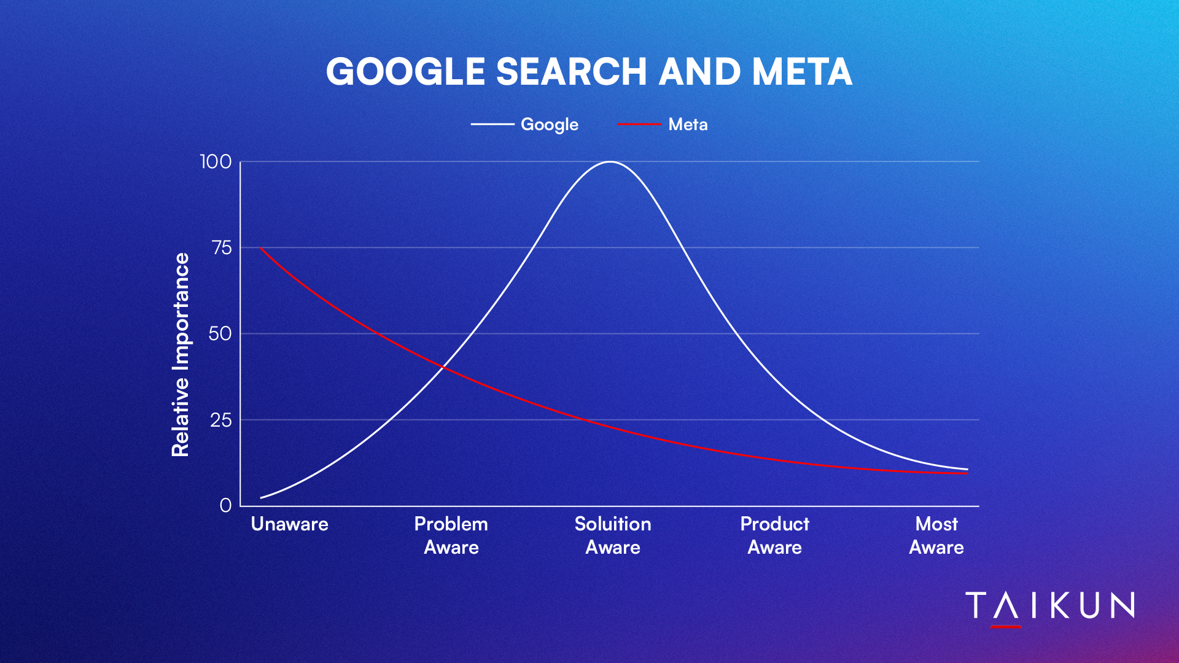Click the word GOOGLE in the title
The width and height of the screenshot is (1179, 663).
(x=406, y=72)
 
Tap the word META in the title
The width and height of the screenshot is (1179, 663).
(x=802, y=72)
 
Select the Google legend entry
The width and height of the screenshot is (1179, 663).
(x=524, y=125)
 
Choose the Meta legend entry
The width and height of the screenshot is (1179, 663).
(x=663, y=125)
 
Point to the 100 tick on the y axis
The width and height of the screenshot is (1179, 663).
(x=216, y=162)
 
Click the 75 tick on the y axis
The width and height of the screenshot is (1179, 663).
(x=222, y=248)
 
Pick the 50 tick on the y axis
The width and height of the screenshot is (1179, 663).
(x=220, y=334)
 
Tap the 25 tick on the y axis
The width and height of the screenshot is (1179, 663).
(x=221, y=420)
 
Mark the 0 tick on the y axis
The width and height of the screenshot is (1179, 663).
(x=225, y=505)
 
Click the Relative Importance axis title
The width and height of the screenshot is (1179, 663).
(x=181, y=355)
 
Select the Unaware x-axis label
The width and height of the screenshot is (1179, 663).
(x=290, y=524)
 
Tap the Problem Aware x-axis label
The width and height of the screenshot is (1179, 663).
(x=451, y=535)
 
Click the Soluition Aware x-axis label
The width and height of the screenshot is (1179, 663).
(x=613, y=535)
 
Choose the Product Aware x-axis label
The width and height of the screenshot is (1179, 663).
(x=775, y=535)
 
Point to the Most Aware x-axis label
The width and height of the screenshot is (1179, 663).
(x=936, y=535)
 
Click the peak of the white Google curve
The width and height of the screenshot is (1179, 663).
(x=610, y=162)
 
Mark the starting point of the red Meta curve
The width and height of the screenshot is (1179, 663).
(x=261, y=248)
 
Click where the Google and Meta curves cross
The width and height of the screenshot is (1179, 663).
(x=444, y=367)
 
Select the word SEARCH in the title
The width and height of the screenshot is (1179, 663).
(x=571, y=72)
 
